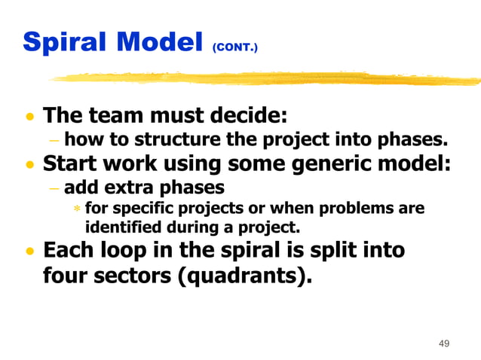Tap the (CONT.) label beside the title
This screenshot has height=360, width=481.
(x=234, y=47)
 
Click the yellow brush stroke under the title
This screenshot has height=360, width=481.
(x=264, y=78)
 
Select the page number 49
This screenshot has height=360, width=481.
(x=443, y=343)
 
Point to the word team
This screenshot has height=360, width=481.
(x=119, y=117)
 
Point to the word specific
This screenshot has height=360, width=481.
(x=138, y=208)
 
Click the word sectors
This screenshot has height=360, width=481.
(x=127, y=276)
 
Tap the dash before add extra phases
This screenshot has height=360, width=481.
(x=54, y=187)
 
